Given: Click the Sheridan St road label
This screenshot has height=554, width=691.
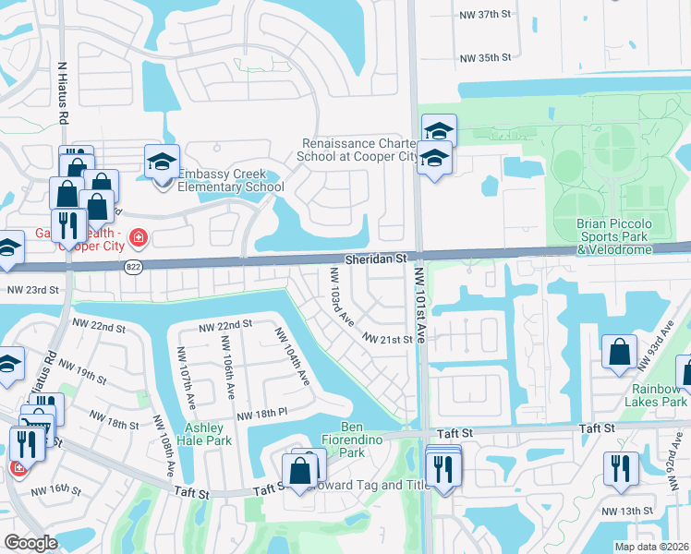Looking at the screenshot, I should coord(377,261).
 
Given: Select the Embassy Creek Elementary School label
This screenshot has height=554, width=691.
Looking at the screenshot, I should coord(230,180).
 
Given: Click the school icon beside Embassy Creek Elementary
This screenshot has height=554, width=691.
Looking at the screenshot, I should coord(162,163).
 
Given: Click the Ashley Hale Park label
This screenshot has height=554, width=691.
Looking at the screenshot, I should coord(208,434).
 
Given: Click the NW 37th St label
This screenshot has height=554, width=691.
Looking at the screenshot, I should coord(485,16).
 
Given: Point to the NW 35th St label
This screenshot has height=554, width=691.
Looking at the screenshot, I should coord(485,58).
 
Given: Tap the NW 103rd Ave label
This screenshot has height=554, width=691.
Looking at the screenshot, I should coord(342,295).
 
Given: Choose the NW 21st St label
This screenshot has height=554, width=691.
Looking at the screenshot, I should coord(386,340).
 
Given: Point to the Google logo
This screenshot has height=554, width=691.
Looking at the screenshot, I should coord(30,543).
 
